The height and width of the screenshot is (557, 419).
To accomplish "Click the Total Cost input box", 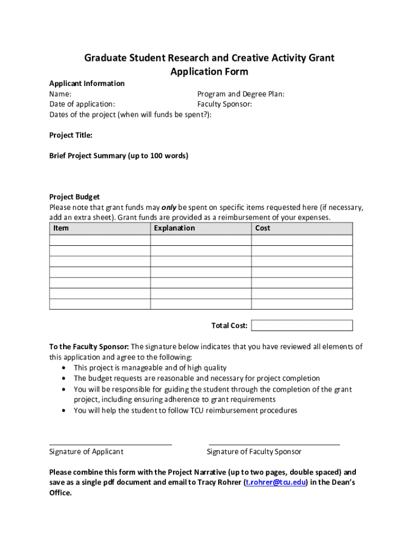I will [x=302, y=325].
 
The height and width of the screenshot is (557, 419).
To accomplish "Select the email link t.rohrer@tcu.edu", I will [x=276, y=482].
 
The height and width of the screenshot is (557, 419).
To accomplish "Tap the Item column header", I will [x=61, y=228].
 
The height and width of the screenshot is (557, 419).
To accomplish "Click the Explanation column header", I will [x=174, y=228].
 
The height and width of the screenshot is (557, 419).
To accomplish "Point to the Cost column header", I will [x=263, y=228].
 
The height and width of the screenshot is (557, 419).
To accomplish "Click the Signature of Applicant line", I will [x=110, y=444].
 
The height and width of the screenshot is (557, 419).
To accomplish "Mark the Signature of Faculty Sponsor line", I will [x=274, y=444].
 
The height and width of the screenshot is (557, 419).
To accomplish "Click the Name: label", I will [x=60, y=94].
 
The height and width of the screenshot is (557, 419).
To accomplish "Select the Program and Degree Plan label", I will [x=241, y=94].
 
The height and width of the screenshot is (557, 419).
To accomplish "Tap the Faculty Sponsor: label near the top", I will [x=225, y=104].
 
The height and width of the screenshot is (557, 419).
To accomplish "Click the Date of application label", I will [x=82, y=104].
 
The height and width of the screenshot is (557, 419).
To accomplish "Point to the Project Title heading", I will [x=71, y=135].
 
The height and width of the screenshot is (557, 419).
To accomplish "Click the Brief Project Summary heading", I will [x=119, y=156].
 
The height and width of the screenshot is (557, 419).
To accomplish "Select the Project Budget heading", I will [x=75, y=197].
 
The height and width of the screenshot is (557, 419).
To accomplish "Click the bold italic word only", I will [x=169, y=207].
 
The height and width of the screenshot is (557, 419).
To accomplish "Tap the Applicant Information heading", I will [x=87, y=83].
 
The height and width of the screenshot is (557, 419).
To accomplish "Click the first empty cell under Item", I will [x=100, y=240].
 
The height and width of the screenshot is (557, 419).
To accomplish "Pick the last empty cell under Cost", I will [x=302, y=304].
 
